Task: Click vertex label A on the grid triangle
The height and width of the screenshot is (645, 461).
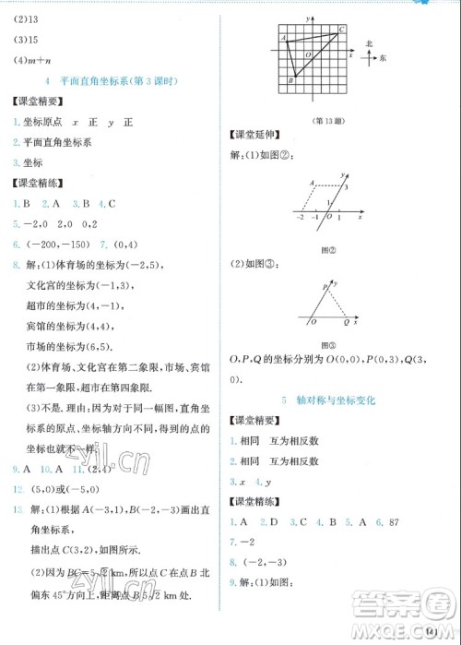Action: coord(283,38)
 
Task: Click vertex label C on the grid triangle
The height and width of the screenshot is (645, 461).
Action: coord(342,30)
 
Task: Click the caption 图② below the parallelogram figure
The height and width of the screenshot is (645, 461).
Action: coord(325,249)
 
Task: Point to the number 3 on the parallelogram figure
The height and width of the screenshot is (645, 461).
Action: coord(348,187)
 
